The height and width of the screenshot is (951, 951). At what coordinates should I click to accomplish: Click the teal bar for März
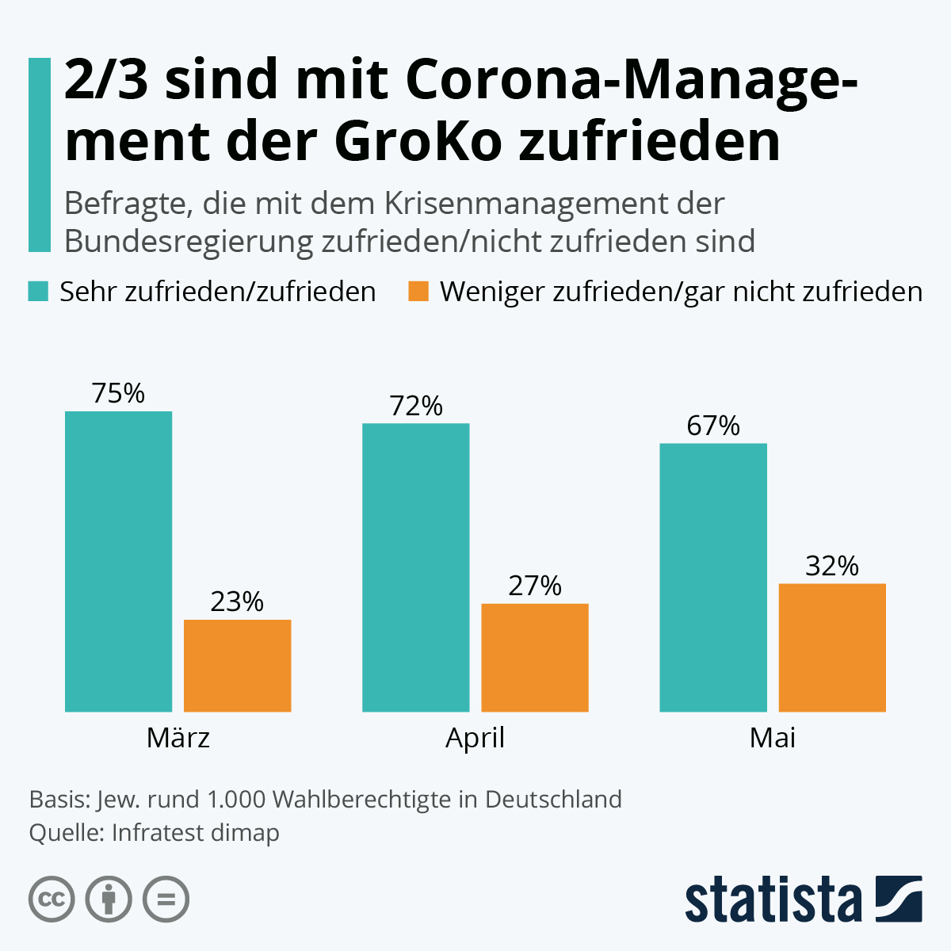[118, 561]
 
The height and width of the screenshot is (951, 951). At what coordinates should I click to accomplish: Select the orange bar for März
[237, 666]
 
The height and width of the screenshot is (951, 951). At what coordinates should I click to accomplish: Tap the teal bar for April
[415, 567]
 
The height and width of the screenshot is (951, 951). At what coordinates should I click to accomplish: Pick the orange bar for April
[535, 658]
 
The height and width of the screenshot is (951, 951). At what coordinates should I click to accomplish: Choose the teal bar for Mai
[713, 577]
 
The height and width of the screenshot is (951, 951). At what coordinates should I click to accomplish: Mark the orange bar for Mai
[832, 647]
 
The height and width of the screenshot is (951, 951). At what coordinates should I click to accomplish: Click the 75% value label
[118, 393]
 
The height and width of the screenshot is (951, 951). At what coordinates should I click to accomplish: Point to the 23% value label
[237, 602]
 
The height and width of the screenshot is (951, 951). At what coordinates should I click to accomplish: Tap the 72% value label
[415, 406]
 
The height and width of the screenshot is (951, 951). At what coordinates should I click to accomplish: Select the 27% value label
[535, 586]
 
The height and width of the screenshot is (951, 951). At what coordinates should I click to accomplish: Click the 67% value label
[713, 426]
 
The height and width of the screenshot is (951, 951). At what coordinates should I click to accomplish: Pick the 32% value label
[832, 566]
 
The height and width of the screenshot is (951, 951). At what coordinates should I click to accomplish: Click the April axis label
[475, 738]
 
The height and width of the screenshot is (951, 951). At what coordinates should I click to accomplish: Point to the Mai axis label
[772, 738]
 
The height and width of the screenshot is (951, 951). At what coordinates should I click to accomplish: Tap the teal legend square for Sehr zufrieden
[39, 291]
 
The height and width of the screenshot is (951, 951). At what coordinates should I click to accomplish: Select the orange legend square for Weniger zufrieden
[418, 291]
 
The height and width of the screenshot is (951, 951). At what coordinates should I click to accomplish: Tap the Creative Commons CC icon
[52, 899]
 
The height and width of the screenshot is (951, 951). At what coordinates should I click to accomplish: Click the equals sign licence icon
[166, 899]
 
